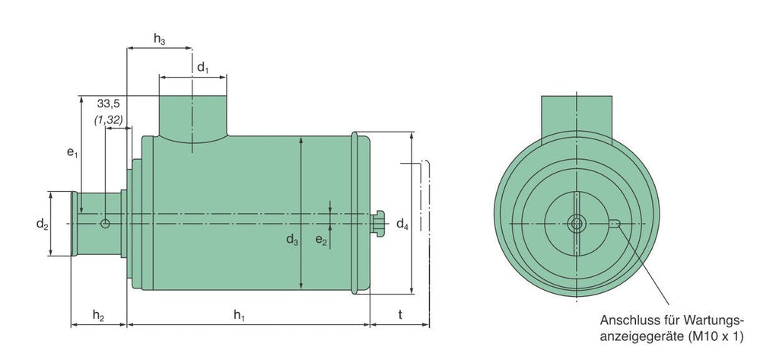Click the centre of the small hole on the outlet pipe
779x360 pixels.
point(105,224)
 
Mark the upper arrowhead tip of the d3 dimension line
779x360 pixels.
point(301,139)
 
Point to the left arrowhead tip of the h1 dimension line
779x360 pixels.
point(128,325)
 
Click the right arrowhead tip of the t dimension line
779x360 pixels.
point(429,325)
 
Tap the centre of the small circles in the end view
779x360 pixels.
point(577,224)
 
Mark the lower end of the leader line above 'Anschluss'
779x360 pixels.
point(669,304)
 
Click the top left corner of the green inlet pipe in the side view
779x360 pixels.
point(159,95)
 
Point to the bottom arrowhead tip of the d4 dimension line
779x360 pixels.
point(412,294)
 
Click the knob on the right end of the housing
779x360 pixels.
point(378,223)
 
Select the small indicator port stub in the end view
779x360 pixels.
point(614,223)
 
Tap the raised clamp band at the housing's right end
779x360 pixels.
point(355,213)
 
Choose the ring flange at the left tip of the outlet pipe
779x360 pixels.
point(74,224)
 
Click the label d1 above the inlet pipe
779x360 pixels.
point(202,68)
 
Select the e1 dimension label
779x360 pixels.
point(72,152)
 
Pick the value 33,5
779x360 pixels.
point(108,104)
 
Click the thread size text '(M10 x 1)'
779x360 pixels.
point(716,336)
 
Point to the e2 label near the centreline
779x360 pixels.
point(322,240)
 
